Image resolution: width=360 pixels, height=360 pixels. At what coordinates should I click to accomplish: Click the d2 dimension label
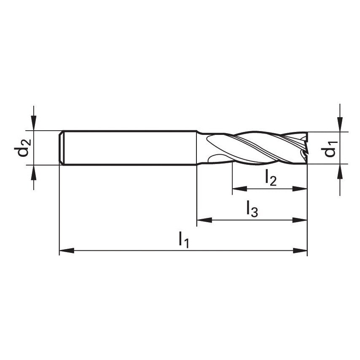point(24,148)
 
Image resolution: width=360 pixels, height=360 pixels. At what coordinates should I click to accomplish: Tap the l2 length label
point(271,178)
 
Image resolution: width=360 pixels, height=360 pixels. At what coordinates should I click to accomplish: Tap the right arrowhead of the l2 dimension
point(300,188)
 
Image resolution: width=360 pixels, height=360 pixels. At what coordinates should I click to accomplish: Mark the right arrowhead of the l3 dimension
point(300,220)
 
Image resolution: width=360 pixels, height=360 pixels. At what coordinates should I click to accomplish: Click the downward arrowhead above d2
point(34,124)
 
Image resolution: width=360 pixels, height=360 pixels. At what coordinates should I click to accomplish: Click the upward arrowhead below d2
point(34,172)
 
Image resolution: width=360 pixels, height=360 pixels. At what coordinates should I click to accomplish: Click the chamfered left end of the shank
point(61,148)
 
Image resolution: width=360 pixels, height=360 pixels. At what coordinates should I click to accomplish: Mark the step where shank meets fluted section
point(197,148)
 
